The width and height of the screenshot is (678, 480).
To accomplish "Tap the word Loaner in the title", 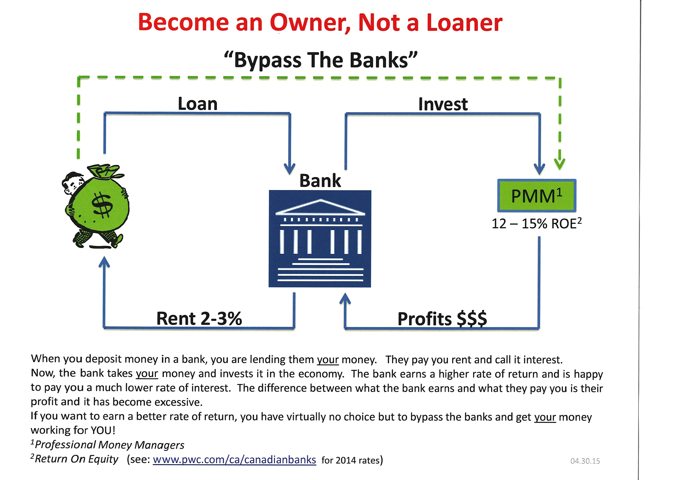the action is [x=464, y=23].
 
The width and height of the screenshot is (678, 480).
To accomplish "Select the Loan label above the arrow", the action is [x=198, y=104].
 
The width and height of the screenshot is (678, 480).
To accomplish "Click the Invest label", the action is [x=443, y=104].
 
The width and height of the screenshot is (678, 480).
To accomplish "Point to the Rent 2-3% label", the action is [x=199, y=318].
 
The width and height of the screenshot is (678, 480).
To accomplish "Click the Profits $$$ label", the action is [x=442, y=319].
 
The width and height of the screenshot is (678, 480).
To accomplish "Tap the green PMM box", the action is [x=537, y=196].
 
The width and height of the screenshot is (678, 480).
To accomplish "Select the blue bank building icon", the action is [x=320, y=238].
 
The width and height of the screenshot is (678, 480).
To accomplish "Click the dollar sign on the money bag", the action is [x=102, y=205].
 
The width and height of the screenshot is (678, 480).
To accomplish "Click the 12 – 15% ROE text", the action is [x=537, y=223].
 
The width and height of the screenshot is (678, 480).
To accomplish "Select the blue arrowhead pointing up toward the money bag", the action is [x=104, y=262].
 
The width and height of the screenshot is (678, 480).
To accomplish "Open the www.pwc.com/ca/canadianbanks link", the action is [x=234, y=460].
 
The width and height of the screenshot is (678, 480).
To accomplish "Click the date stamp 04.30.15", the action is [x=585, y=461].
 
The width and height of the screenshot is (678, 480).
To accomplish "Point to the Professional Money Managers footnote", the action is [x=108, y=445].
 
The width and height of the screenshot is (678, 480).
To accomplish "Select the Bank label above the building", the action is [x=320, y=180].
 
